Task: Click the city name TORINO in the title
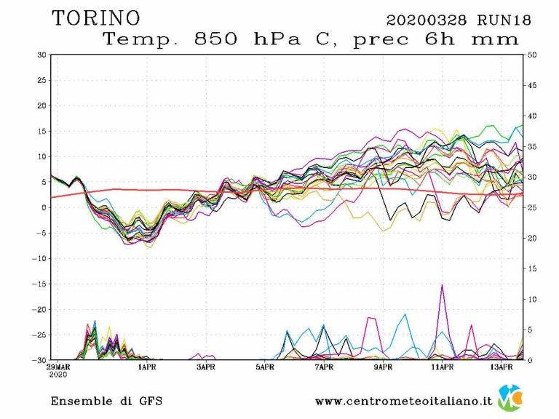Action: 96,18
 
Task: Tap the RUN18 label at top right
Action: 506,20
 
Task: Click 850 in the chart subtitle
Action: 215,39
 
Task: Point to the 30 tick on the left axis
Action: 42,55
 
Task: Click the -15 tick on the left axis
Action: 39,284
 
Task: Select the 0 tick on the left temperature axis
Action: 44,207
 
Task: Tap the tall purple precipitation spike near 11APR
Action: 442,287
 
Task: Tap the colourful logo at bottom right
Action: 510,398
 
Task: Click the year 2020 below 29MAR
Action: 58,375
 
